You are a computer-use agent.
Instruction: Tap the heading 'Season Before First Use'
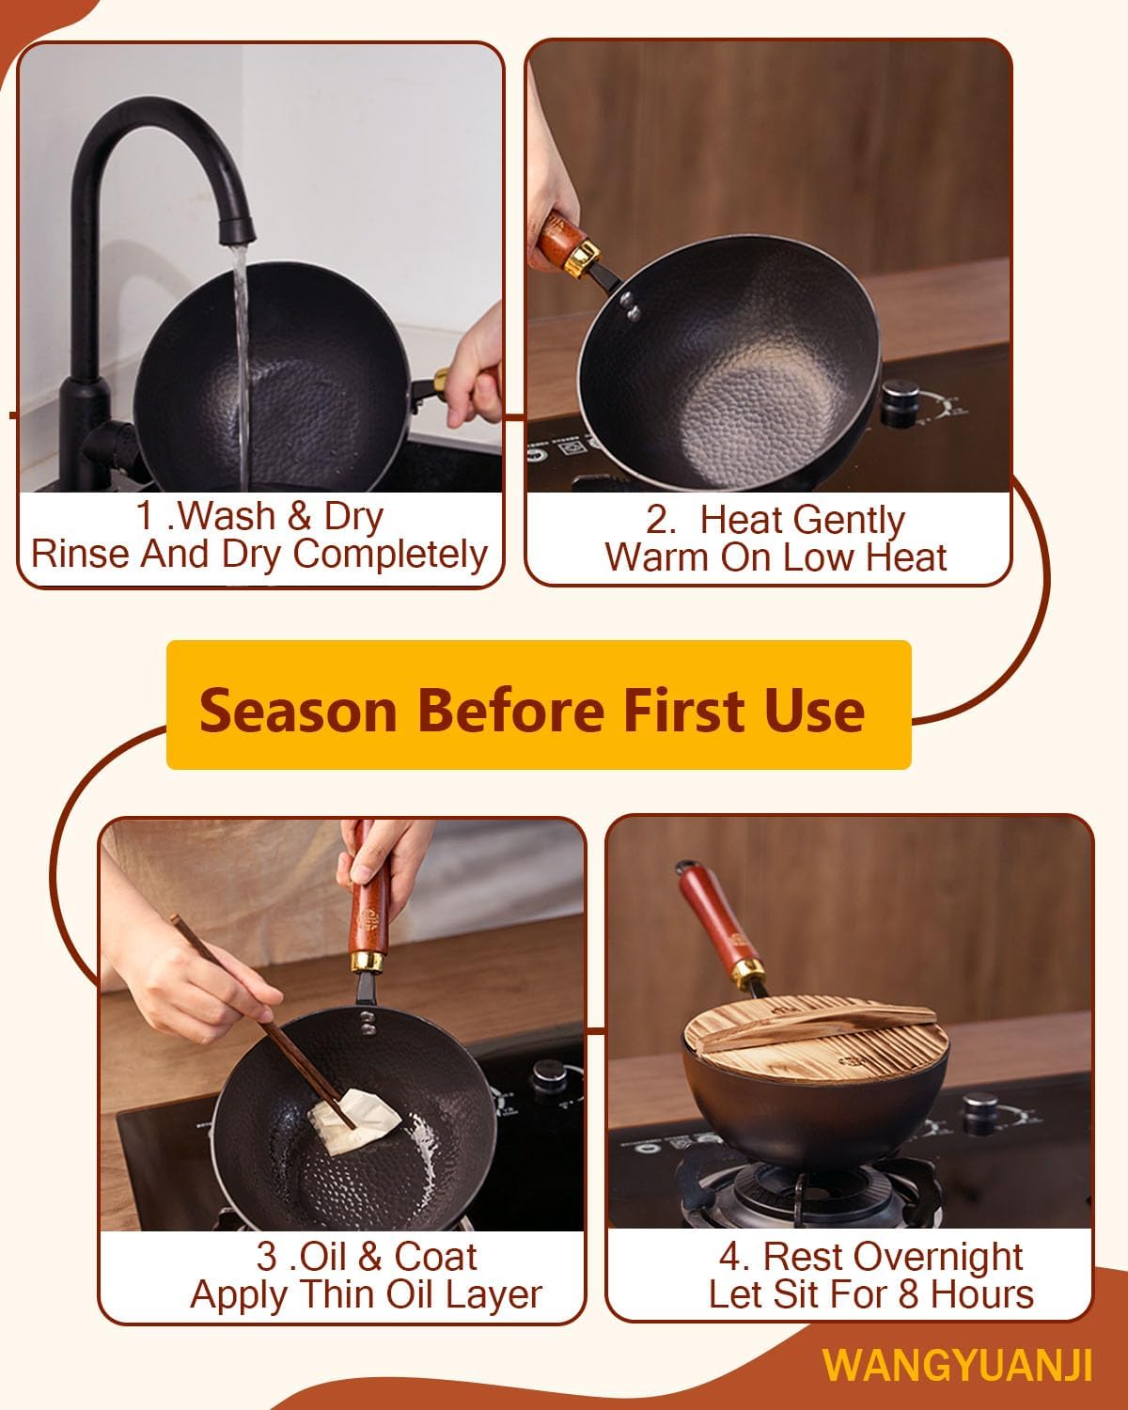click(x=532, y=709)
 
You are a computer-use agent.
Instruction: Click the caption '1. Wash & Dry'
click(x=259, y=516)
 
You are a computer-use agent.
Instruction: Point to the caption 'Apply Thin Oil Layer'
click(x=366, y=1294)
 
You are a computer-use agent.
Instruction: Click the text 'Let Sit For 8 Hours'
click(x=870, y=1294)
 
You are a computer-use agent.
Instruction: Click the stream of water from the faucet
click(x=241, y=348)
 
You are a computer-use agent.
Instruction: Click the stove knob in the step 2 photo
click(x=901, y=394)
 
